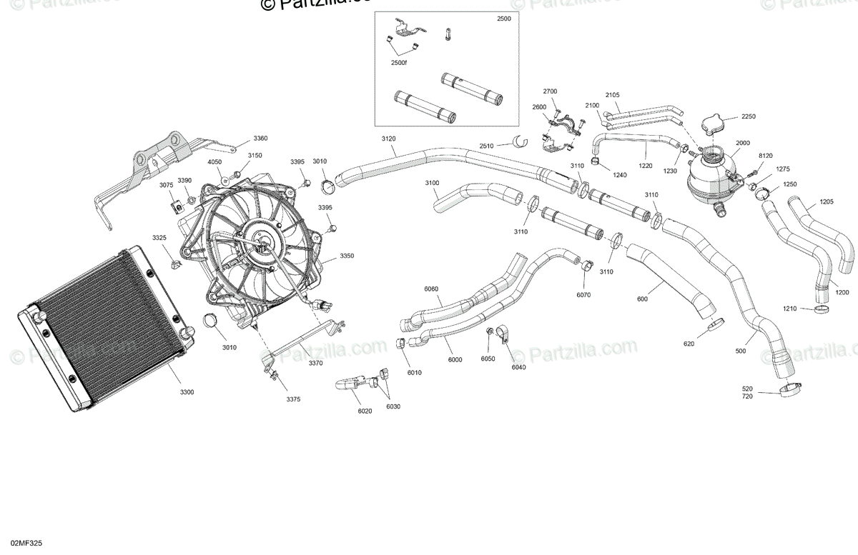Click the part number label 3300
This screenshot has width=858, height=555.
point(187,392)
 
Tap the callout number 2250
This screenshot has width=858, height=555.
point(748,116)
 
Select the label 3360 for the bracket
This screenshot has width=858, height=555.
point(260,138)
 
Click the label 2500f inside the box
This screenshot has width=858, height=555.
point(398,64)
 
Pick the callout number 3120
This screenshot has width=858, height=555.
point(388,138)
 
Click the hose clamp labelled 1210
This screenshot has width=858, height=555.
point(822,309)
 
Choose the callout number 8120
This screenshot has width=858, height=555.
point(765,155)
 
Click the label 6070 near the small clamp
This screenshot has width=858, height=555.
point(584,295)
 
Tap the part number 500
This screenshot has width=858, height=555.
point(740,351)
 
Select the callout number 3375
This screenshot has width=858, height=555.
point(292,399)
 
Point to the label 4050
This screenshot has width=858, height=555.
point(214,162)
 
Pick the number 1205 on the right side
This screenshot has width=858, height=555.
point(826,201)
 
